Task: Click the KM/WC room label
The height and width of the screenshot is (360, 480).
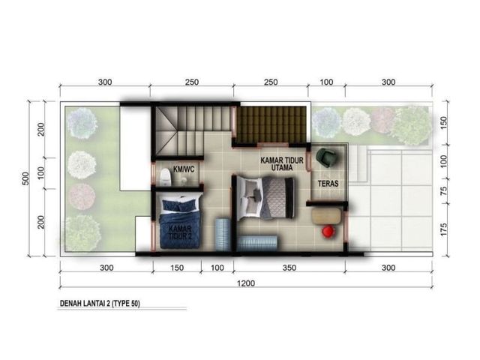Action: [184, 169]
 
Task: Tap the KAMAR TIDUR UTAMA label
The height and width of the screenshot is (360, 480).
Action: [282, 163]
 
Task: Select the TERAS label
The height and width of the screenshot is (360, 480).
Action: [328, 184]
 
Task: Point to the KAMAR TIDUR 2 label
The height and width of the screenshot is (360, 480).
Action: [180, 232]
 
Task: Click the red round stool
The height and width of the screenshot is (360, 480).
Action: [328, 231]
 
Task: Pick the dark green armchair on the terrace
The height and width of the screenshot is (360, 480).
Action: [327, 157]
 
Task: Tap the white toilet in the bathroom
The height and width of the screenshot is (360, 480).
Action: [165, 177]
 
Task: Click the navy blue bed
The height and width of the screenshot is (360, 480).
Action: [180, 223]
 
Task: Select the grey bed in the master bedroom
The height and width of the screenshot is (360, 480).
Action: [265, 197]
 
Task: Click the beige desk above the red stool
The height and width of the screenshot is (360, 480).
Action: [326, 216]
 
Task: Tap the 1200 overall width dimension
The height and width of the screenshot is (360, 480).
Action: [246, 283]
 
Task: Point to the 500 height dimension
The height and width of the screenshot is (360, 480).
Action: [25, 178]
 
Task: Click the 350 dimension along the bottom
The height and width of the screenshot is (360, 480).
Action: [289, 268]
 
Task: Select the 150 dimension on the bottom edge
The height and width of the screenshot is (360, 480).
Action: [177, 268]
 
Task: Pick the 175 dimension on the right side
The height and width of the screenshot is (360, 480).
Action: [443, 229]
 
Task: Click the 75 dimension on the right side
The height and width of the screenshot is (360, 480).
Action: [443, 190]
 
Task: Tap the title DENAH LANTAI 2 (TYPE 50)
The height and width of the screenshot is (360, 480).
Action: [100, 304]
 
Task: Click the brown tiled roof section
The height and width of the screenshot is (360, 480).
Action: [272, 124]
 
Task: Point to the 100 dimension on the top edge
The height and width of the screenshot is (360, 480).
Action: [326, 82]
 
